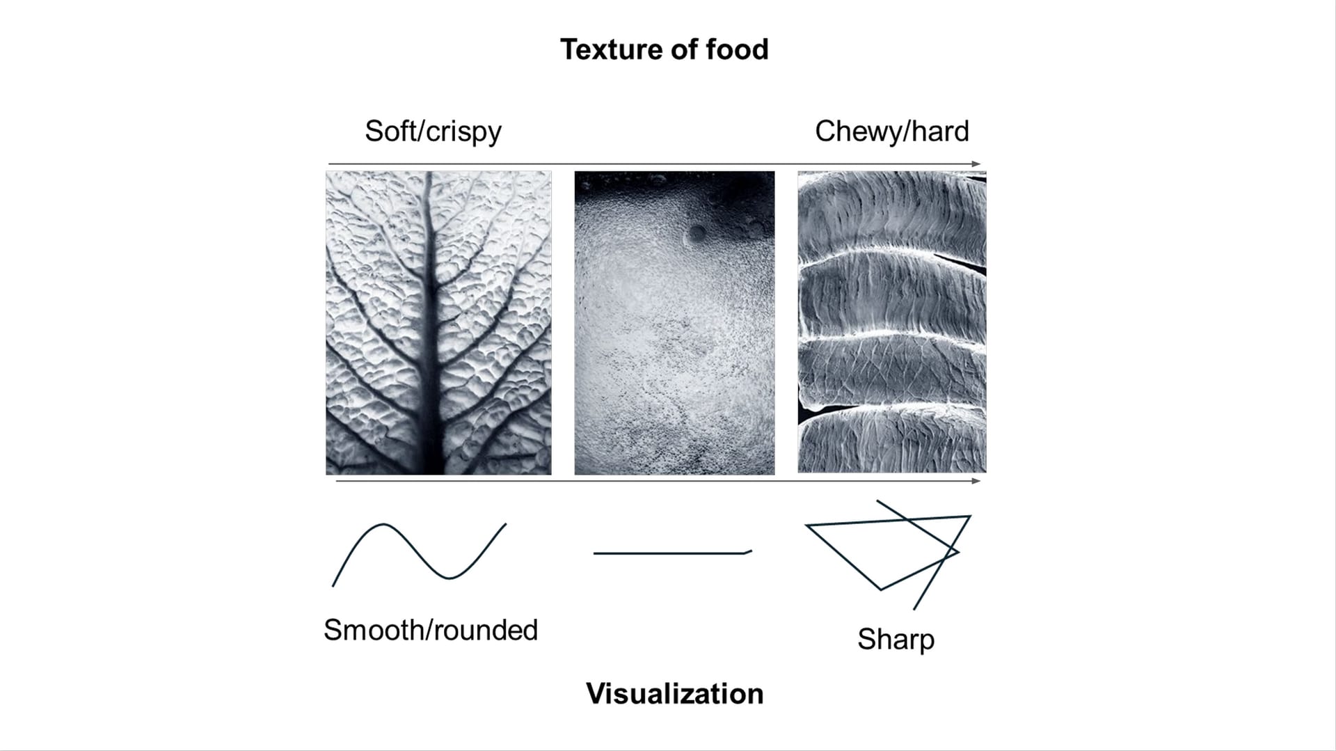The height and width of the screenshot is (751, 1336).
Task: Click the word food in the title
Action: point(737,50)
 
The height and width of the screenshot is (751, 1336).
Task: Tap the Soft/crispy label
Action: point(433,132)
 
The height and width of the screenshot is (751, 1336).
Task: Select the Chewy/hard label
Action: point(891,132)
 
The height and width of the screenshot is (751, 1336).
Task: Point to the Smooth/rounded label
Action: point(431,631)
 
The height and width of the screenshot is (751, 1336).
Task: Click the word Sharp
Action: point(896,640)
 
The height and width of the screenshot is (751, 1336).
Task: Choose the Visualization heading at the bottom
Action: point(674,694)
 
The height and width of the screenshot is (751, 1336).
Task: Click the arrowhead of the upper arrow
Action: point(977,164)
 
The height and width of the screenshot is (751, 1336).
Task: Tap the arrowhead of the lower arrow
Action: point(977,481)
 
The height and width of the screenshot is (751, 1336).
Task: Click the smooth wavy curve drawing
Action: point(418,553)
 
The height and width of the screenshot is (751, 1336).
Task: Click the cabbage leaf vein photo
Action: point(438,323)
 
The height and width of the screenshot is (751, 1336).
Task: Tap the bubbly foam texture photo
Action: point(674,323)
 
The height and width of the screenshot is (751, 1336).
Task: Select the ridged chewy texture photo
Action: point(891,323)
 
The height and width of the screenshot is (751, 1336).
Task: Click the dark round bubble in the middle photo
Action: point(697,235)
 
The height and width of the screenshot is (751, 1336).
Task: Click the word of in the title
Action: point(685,50)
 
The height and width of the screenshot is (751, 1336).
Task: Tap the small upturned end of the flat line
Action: point(749,551)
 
